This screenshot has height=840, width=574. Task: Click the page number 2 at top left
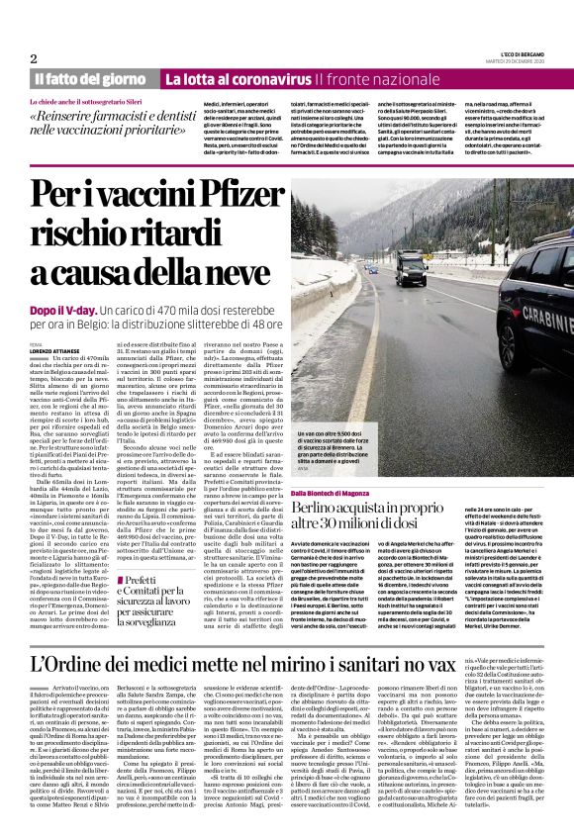click(x=34, y=58)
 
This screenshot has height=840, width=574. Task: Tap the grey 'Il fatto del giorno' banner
click(x=90, y=78)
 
